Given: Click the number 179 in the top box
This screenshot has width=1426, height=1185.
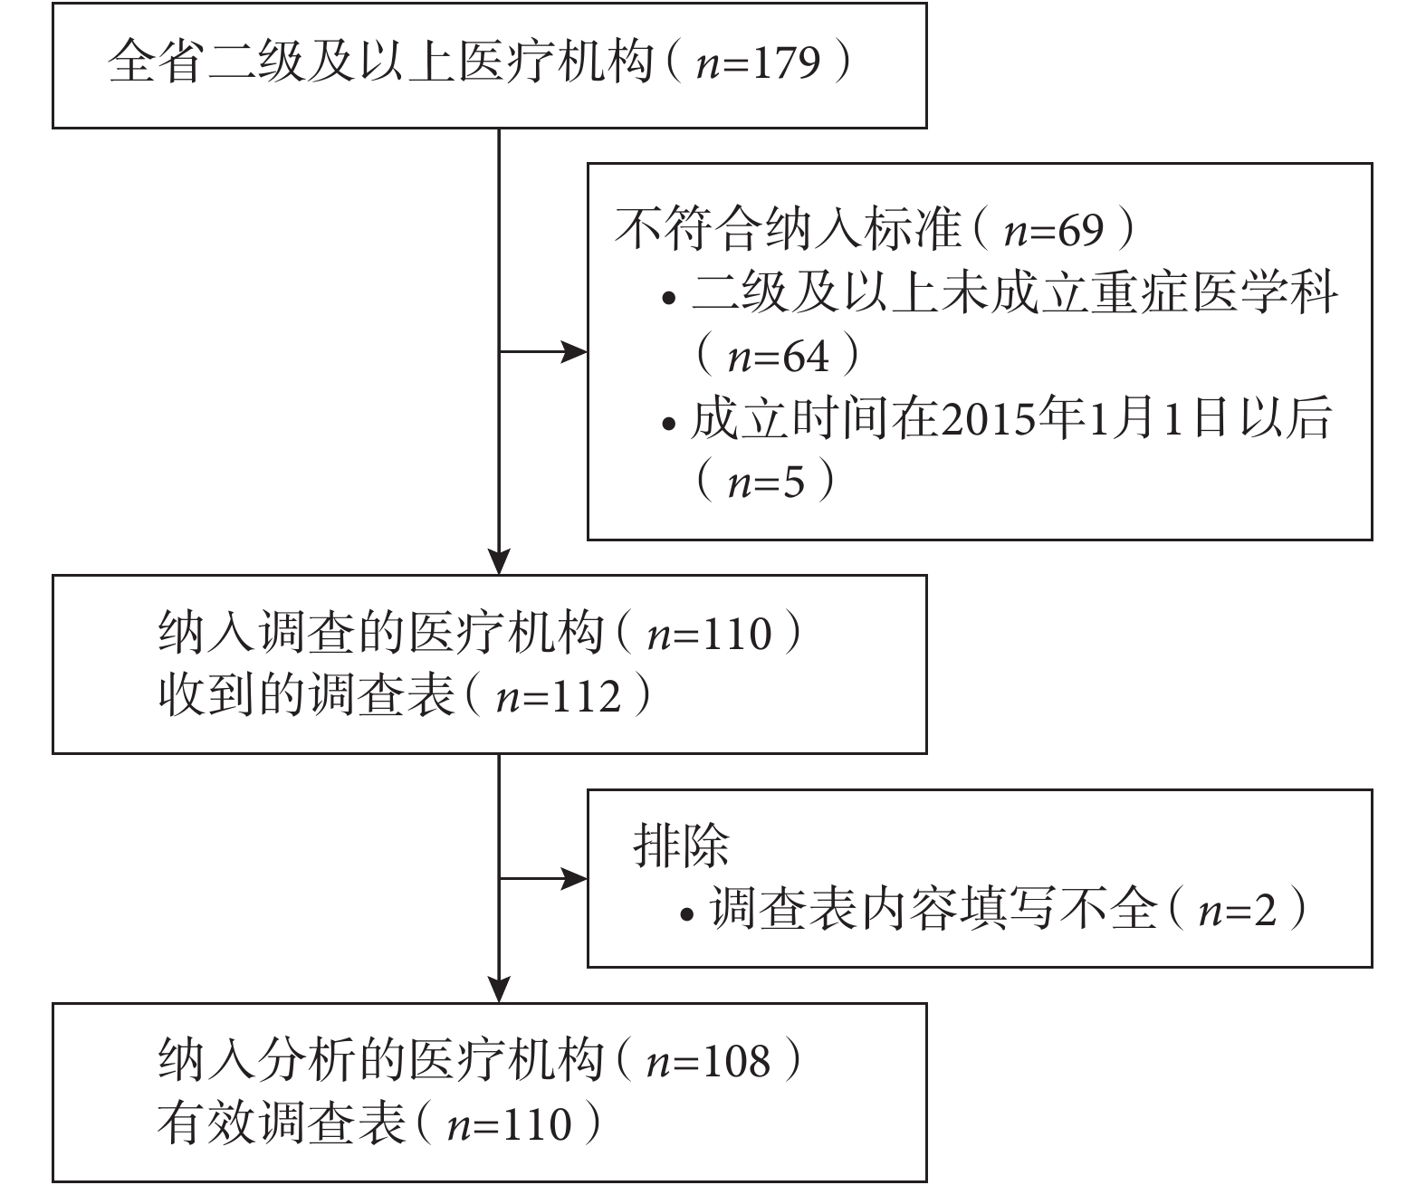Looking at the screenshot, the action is coord(786,63).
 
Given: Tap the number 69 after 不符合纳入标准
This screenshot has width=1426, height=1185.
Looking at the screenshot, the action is coord(1079,230).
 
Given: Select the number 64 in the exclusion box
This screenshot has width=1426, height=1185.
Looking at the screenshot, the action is coord(805,357).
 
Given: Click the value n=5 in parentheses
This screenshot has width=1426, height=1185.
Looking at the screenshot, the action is coord(766,483).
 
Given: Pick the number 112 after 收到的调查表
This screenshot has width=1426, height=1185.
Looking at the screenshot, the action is coord(587,697).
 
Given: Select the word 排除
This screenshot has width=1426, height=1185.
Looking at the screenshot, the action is coord(681,846).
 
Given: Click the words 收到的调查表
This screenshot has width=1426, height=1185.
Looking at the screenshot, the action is coord(307,696).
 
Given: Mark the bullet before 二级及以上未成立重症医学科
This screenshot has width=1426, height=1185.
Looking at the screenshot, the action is coord(668,298).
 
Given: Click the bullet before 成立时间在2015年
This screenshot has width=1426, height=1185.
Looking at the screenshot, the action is coord(668,425).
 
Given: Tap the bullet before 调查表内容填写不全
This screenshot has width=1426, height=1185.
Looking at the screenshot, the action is coord(688,915).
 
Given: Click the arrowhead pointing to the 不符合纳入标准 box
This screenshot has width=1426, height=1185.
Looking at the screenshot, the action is coord(574,352).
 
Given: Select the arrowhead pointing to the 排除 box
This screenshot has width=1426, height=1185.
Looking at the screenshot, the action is coord(574,879).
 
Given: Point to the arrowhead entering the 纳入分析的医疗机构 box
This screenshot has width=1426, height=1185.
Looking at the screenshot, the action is coord(499,989).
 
